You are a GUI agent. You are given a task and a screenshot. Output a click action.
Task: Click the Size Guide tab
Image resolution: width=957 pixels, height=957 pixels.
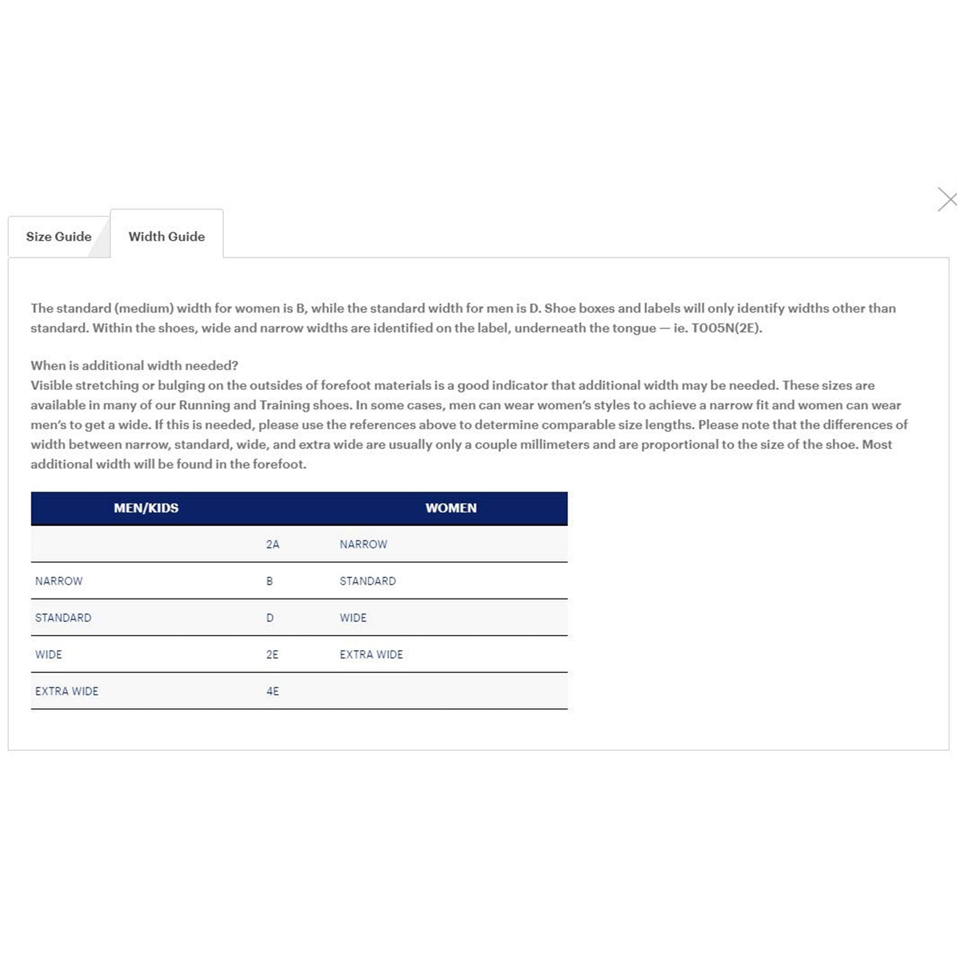coord(59,237)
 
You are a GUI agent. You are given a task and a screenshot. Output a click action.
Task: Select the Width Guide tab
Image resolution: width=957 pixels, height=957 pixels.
coord(167,237)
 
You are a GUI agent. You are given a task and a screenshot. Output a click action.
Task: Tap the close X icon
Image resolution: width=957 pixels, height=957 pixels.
coord(947,199)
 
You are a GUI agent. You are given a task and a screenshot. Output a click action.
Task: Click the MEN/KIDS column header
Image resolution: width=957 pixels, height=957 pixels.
coord(146,508)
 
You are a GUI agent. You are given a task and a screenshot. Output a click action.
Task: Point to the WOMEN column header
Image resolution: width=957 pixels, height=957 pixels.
coord(451,508)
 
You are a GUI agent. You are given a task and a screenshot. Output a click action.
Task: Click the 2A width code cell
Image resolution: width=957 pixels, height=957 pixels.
coord(272,544)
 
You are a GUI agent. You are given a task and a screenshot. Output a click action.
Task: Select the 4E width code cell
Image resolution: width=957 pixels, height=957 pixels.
coord(272,691)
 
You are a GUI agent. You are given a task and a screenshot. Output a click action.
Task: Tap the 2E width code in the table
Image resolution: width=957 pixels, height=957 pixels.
coord(272,655)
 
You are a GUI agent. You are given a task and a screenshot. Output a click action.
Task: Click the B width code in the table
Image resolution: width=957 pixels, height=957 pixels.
coord(269,581)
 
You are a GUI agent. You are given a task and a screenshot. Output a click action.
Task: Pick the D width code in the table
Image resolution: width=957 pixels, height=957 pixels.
coord(270,618)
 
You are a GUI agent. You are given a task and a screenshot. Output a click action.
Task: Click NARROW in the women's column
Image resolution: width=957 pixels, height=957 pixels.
coord(363,544)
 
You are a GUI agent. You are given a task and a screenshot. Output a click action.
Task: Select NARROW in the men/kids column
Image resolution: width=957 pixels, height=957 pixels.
coord(59,581)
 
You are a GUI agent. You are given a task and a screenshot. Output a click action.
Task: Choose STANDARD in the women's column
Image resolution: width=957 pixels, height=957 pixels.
coord(367,581)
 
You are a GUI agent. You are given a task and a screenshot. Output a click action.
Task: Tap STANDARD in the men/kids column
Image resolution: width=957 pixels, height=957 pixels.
coord(63,618)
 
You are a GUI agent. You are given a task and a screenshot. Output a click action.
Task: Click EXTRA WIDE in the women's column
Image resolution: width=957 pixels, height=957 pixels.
coord(371,655)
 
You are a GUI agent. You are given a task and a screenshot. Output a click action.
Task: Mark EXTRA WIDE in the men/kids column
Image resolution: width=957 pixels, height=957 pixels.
coord(66,691)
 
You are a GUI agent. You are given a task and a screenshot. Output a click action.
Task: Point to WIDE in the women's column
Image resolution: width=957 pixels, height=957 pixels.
coord(353,618)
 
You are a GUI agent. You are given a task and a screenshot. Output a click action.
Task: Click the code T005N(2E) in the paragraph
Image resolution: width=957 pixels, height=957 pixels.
coord(726,329)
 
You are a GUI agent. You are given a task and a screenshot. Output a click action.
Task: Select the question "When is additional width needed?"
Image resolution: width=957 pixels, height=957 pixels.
coord(134,366)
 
